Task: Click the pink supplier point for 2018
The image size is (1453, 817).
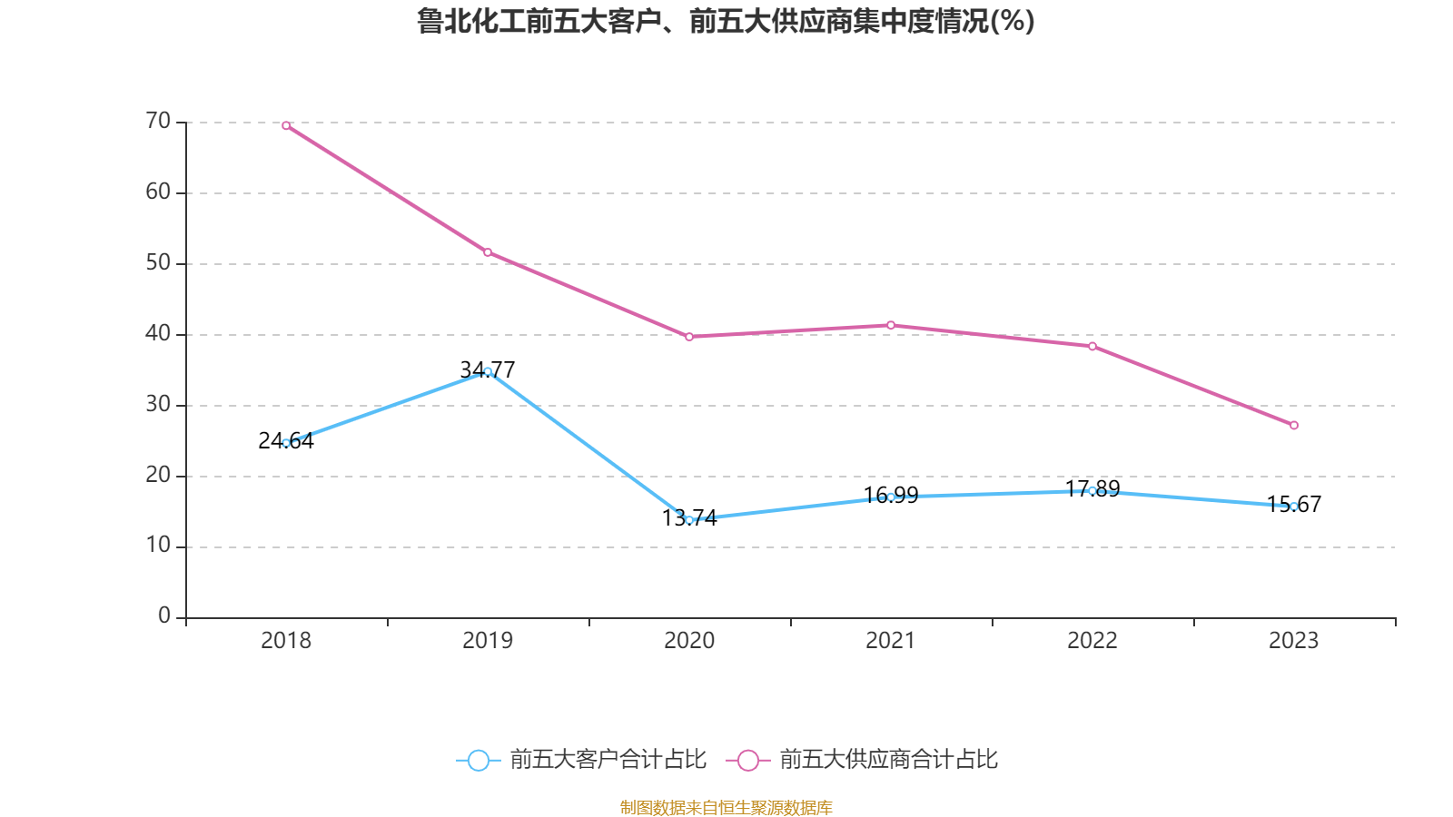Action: click(x=286, y=126)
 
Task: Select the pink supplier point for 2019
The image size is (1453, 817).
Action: click(x=488, y=252)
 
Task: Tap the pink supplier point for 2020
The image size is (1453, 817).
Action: click(x=689, y=337)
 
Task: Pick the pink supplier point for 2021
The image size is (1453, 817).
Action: click(x=891, y=325)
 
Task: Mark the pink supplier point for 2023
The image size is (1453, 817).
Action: click(x=1294, y=426)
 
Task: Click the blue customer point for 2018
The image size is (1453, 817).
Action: click(x=286, y=443)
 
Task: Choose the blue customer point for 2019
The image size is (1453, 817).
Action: click(x=488, y=371)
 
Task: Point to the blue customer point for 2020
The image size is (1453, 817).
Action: click(x=689, y=520)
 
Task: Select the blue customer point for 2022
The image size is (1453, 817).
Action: click(x=1092, y=491)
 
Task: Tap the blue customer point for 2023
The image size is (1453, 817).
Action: click(x=1294, y=507)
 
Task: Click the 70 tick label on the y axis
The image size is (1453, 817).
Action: click(x=158, y=122)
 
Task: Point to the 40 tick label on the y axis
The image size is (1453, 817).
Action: click(x=158, y=334)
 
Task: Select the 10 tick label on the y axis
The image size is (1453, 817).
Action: click(x=158, y=546)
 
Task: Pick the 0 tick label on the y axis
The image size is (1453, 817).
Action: click(x=164, y=616)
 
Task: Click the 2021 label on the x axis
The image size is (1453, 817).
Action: click(x=891, y=641)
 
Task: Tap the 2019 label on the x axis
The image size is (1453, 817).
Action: click(x=488, y=641)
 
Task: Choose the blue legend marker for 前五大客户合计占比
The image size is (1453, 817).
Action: click(x=479, y=761)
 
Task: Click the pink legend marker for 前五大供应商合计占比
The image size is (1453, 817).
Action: click(x=748, y=761)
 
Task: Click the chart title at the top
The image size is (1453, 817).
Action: click(x=726, y=21)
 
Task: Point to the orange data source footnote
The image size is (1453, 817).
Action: click(x=726, y=807)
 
